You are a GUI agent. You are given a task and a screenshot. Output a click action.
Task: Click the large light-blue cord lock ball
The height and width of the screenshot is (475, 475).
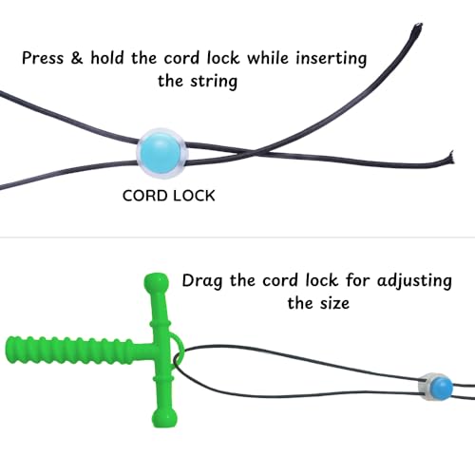tap(161, 154)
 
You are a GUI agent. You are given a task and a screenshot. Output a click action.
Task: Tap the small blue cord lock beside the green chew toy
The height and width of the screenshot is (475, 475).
tap(435, 387)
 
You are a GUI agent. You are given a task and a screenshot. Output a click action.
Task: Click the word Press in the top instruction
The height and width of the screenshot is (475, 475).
tap(43, 58)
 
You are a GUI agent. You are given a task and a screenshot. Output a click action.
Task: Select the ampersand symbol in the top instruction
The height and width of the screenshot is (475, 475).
tap(77, 58)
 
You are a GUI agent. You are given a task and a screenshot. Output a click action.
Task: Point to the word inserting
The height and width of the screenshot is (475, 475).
tap(332, 59)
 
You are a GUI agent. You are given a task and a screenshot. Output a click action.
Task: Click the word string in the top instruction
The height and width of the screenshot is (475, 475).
tap(214, 82)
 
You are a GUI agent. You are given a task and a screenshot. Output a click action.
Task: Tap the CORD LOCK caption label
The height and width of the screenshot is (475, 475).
tap(169, 196)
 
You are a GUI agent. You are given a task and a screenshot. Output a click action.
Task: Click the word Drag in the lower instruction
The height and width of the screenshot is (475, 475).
tap(202, 281)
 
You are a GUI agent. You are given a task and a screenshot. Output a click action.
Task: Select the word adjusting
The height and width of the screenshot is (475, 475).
tap(414, 281)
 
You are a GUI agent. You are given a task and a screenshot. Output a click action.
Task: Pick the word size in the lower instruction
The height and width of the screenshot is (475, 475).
tap(334, 303)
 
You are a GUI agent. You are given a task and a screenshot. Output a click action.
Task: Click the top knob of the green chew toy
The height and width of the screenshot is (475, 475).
tap(156, 282)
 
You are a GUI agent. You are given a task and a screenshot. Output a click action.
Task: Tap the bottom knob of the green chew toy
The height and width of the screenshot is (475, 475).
tap(164, 419)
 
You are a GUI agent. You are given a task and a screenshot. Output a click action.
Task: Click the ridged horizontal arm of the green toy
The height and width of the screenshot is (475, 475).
tap(69, 351)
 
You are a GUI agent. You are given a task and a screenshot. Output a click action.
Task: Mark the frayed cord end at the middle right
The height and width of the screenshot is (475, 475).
tap(450, 158)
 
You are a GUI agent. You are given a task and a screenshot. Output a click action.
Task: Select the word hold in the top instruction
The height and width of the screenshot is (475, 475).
tap(107, 58)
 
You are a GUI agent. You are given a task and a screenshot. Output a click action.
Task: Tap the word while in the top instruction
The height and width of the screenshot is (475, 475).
tap(268, 58)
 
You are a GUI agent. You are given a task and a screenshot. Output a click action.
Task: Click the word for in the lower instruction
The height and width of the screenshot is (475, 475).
tap(357, 280)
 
